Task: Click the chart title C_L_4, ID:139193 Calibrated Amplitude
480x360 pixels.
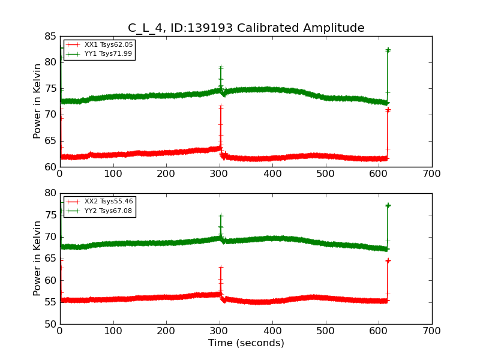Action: pos(246,28)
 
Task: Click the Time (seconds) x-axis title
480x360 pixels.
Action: pos(246,343)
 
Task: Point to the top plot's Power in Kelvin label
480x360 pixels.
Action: pos(38,101)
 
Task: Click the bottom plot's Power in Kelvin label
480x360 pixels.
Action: pos(38,258)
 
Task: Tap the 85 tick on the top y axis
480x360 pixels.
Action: pos(49,36)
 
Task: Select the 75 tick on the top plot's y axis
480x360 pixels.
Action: pos(49,88)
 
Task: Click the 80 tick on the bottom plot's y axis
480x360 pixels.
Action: pos(49,193)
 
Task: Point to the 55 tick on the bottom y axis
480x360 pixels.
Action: pos(49,302)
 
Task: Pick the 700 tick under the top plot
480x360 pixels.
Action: pos(431,174)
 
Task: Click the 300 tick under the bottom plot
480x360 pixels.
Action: pos(220,331)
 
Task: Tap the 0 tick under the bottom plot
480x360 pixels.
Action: pos(60,331)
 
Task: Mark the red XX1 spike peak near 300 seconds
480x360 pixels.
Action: pos(221,106)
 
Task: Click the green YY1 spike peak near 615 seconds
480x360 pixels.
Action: pos(388,50)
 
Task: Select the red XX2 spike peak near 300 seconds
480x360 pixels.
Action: pos(221,267)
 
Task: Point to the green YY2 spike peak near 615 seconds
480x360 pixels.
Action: pos(388,205)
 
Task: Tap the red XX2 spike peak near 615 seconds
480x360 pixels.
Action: pos(388,260)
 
